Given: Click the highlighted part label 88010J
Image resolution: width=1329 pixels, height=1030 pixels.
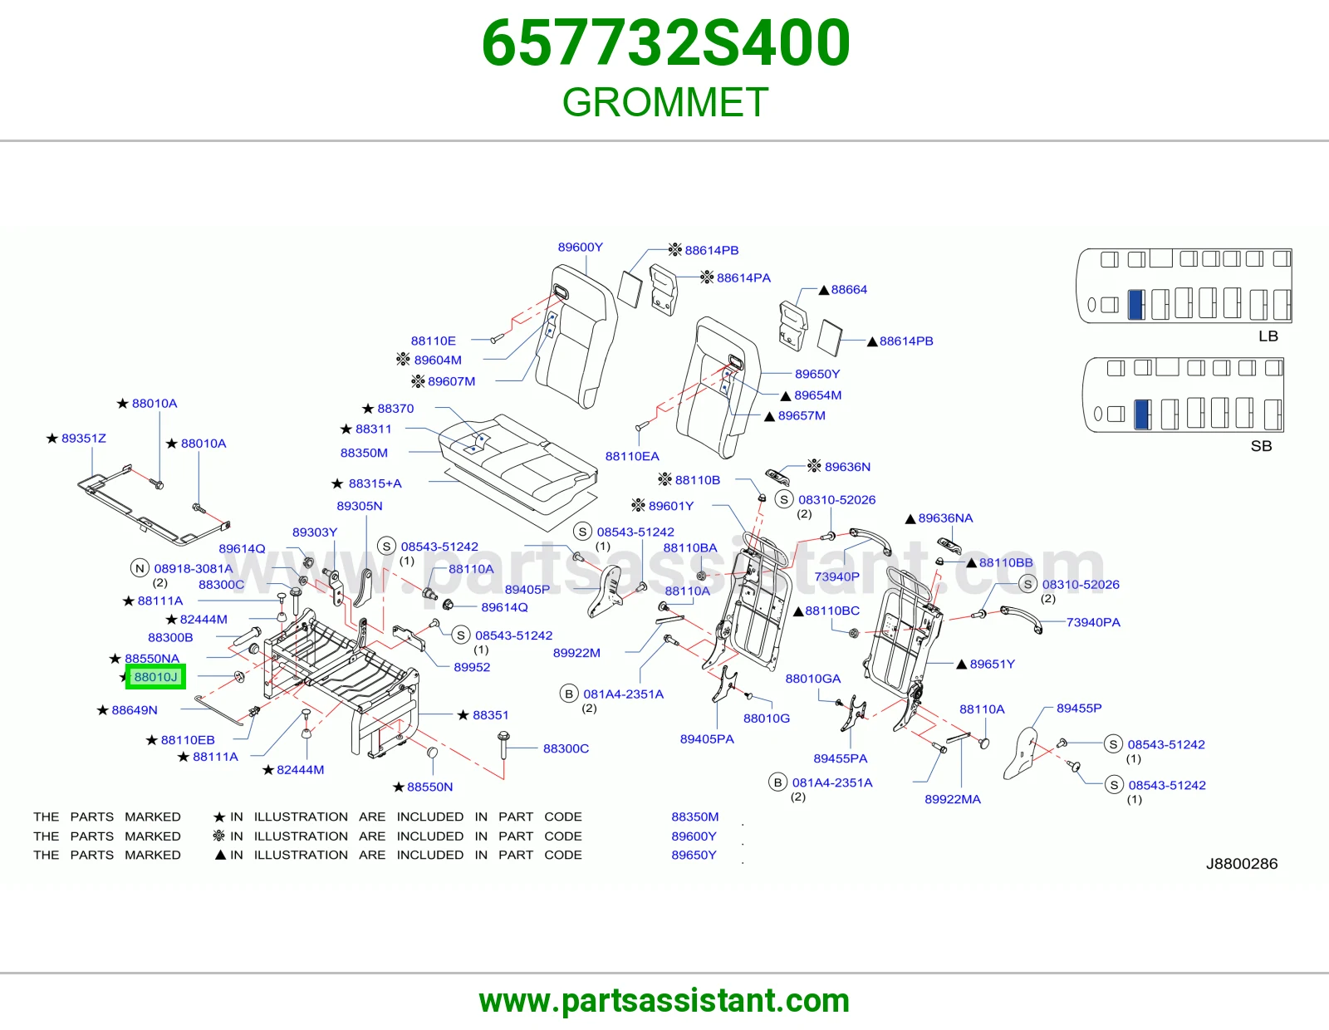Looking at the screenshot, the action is [155, 676].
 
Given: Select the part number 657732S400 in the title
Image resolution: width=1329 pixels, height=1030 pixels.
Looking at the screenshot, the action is [665, 43].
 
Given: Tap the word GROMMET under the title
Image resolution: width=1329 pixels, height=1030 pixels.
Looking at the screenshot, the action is [665, 102].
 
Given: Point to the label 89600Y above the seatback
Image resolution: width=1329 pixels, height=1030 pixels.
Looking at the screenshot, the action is [580, 247].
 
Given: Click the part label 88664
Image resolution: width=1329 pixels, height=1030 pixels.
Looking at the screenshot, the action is [849, 289].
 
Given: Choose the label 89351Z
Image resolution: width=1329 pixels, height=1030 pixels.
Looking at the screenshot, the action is [84, 438].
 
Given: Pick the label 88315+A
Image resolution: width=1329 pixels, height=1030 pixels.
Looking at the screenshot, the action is [375, 483].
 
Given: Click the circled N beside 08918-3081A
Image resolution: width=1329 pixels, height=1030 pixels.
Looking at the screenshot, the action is [140, 568].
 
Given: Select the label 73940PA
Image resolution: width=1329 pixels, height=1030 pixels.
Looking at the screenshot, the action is [1093, 622].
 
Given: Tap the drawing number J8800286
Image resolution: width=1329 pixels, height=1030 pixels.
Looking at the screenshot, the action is [1242, 864].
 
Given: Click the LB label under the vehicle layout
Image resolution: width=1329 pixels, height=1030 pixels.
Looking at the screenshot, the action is [1268, 336].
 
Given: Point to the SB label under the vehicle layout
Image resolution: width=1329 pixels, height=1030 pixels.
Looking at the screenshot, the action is [1261, 446].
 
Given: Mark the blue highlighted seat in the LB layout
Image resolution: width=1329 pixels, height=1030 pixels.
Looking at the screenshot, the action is [1135, 304].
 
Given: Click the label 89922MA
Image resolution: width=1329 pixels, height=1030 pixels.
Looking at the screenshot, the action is [952, 799].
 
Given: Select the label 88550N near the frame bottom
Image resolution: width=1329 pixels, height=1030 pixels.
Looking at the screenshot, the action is [430, 787].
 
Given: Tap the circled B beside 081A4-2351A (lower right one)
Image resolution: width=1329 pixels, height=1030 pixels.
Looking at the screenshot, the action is [777, 782].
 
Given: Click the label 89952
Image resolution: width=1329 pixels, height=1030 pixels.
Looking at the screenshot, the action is [472, 667].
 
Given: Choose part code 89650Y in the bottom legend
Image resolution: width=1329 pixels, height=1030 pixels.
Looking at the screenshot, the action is [694, 855].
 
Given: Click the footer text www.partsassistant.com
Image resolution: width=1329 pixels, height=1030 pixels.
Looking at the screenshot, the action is [664, 1001].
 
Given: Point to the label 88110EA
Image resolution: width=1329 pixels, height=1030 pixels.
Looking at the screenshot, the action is [632, 456].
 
